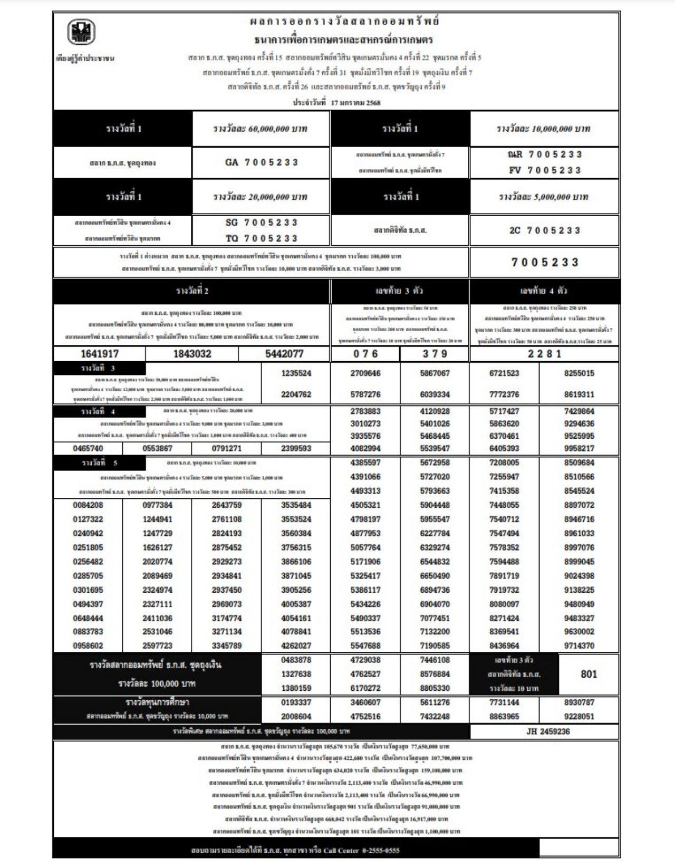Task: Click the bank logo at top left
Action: tap(81, 32)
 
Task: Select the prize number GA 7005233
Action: tap(261, 162)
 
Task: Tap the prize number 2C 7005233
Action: tap(545, 230)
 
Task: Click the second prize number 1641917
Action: tap(99, 354)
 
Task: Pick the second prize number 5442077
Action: tap(284, 354)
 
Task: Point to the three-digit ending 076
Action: tap(365, 354)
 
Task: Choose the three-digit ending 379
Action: tap(435, 354)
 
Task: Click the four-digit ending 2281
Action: tap(544, 354)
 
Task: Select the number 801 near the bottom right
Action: tap(589, 674)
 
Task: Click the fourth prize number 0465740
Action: tap(88, 449)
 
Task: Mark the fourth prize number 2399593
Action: tap(296, 449)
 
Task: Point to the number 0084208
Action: tap(88, 505)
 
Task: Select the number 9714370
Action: tap(579, 645)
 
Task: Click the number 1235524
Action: tap(296, 373)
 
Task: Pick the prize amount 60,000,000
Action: tap(261, 129)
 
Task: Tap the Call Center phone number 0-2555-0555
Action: tap(377, 851)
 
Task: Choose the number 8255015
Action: tap(579, 373)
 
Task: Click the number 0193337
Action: tap(296, 702)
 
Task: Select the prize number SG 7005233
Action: tap(261, 223)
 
